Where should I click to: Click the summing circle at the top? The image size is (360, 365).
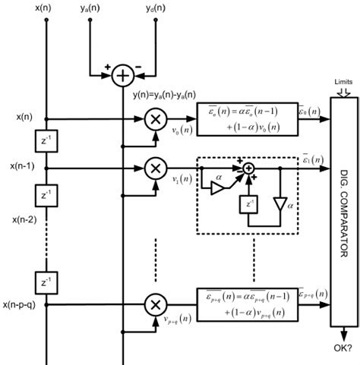click(x=123, y=75)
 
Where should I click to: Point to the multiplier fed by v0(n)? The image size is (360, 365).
click(x=155, y=119)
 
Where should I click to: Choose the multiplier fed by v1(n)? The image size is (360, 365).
click(x=155, y=167)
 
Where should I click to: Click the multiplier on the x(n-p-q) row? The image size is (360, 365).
click(x=155, y=305)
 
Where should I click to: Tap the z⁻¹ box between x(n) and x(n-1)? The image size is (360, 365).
click(x=48, y=143)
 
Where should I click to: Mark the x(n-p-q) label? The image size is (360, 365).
click(x=21, y=305)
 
